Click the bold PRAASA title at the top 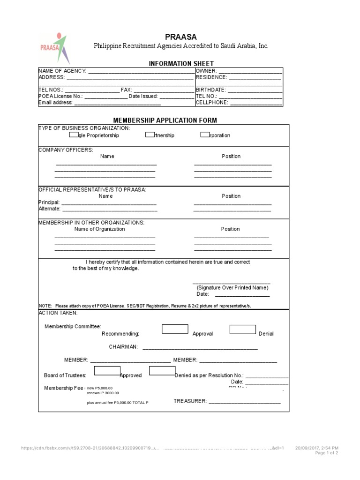tap(181, 37)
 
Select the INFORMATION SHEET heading tap(181, 63)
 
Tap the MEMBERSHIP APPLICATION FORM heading tap(165, 120)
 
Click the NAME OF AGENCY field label tap(62, 71)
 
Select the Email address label tap(55, 103)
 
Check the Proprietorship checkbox tap(74, 135)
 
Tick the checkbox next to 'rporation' tap(205, 135)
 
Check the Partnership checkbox tap(150, 135)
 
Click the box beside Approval tap(175, 329)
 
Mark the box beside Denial tap(243, 329)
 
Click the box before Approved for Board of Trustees tap(107, 371)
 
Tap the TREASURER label tap(190, 401)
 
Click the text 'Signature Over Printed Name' tap(232, 287)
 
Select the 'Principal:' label tap(49, 202)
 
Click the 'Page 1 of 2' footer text tap(326, 453)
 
